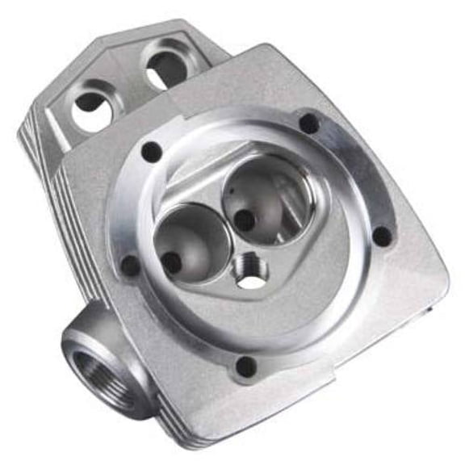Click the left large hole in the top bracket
(91, 107)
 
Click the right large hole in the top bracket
(166, 66)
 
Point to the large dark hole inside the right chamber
(244, 220)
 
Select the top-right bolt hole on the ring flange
(309, 124)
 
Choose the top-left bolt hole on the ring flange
(152, 150)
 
